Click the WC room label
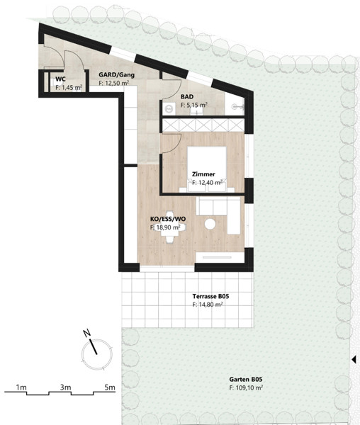coord(60,79)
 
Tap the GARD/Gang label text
coord(116,75)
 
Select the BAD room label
coord(187,97)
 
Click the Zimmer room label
coord(203,174)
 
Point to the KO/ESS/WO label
coord(168,219)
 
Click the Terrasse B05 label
coord(210,296)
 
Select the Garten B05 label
coord(246,379)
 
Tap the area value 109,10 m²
coord(249,387)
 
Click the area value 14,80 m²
coord(210,305)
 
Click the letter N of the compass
coord(86,333)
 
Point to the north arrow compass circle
coord(97,353)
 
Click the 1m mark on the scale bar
coord(21,387)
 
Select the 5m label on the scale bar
coord(110,387)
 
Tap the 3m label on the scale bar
coord(66,387)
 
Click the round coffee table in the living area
coord(210,224)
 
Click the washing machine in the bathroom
coord(169,108)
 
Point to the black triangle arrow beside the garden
coord(354,360)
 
